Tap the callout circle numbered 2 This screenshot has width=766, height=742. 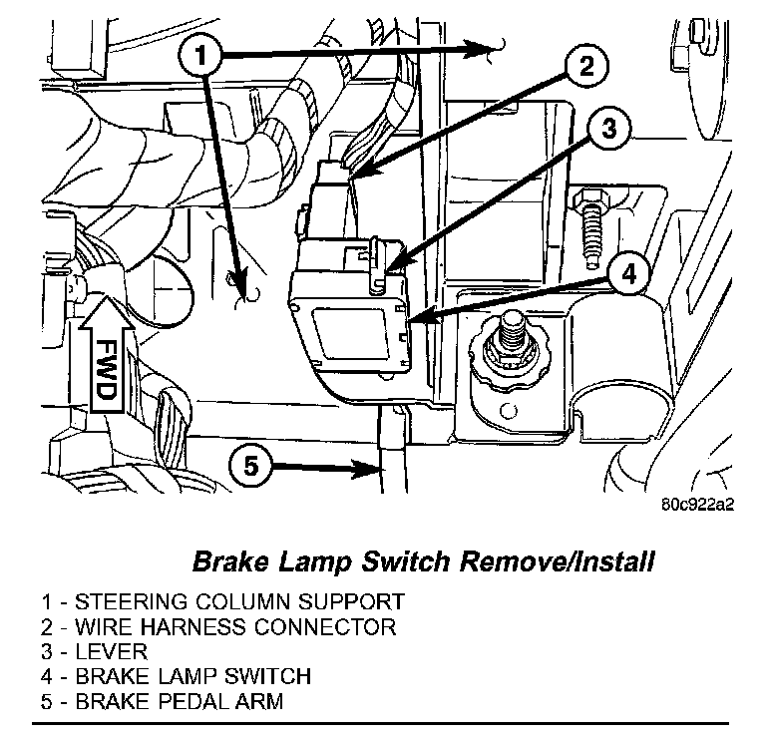585,67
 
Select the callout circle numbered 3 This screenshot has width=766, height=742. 611,128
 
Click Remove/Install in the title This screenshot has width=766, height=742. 556,561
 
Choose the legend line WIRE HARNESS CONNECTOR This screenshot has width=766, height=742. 219,627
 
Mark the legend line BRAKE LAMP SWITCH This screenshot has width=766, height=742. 177,677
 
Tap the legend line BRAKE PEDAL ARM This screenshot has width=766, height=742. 163,702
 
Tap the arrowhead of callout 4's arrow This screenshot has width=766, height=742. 412,320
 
